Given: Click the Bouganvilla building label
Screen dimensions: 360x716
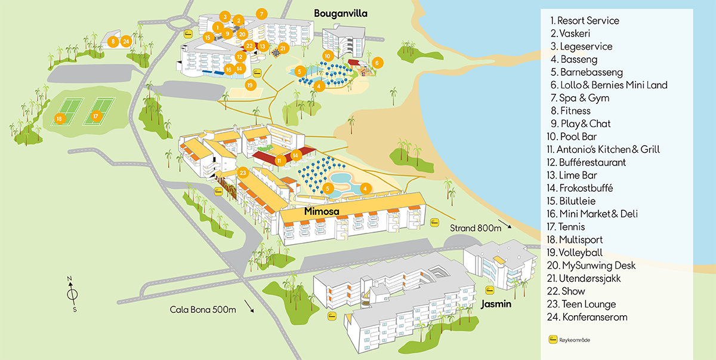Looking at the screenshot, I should click(341, 13).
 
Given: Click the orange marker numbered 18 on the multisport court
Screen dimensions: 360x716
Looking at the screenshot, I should click(58, 119).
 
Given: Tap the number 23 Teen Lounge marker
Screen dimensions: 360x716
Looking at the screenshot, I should click(242, 173).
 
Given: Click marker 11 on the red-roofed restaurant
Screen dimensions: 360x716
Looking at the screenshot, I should click(279, 160).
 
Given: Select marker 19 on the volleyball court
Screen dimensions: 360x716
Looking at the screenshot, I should click(250, 85).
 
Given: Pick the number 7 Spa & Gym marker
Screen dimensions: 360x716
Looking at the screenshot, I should click(261, 13).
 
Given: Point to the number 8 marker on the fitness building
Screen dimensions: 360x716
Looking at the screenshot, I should click(112, 41).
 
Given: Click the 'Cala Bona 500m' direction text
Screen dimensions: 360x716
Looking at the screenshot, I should click(203, 309).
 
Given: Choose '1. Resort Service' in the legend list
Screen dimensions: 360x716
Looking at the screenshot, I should click(585, 21).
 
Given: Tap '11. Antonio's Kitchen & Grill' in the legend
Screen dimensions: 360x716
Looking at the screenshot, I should click(607, 150).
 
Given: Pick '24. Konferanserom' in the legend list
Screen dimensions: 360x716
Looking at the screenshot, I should click(588, 317).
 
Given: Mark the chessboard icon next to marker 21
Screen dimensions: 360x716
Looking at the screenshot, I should click(276, 53).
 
